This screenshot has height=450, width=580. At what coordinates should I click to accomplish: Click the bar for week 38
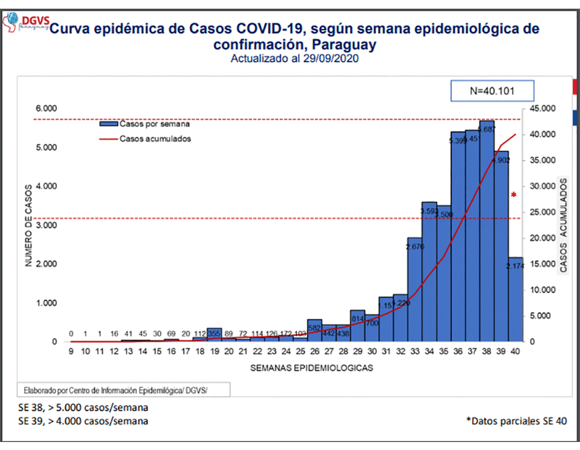coord(487,233)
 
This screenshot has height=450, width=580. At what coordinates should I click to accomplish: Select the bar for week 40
coord(515,300)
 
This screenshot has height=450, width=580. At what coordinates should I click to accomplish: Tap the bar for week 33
coord(415,290)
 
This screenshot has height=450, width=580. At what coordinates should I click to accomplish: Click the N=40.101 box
coord(492,91)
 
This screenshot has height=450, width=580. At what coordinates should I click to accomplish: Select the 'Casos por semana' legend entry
coord(154,124)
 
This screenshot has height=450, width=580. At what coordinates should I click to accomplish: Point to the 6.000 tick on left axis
coord(47,108)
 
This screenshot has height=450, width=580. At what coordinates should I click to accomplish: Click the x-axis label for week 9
coord(71,352)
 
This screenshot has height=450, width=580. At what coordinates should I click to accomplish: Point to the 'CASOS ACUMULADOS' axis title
coord(563,225)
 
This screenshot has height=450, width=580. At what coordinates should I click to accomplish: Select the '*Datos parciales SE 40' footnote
coord(517,421)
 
